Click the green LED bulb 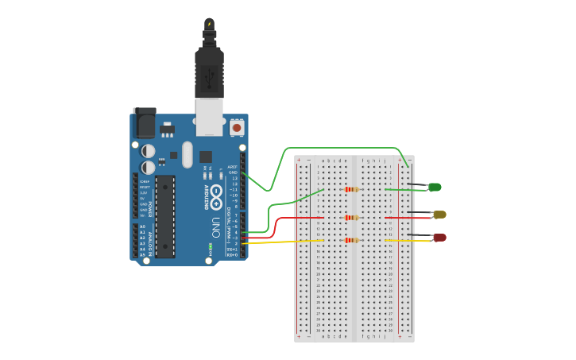[435, 188]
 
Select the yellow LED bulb [439, 215]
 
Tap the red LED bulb [439, 238]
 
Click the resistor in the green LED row [350, 189]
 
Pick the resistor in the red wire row [350, 218]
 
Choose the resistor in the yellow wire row [350, 240]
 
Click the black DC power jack [145, 123]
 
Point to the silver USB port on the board [210, 118]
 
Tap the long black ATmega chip [165, 216]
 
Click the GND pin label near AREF [233, 172]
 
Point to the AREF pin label [233, 167]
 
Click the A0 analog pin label [143, 226]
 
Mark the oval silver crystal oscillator [187, 154]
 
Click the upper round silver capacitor [148, 150]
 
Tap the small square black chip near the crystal [206, 157]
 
